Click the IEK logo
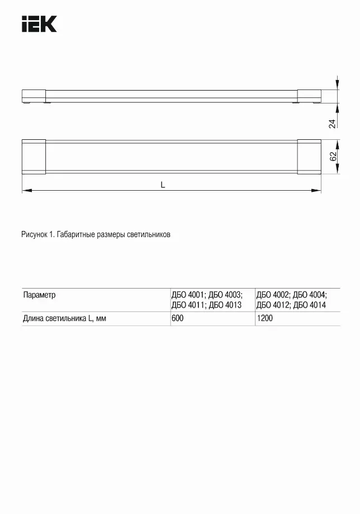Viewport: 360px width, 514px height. tap(39, 25)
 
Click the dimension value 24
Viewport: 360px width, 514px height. tap(332, 124)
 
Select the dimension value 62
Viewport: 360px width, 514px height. tap(333, 157)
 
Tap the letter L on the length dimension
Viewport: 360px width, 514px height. tap(163, 185)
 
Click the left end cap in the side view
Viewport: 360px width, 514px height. tap(34, 96)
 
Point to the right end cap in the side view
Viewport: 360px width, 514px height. tap(309, 96)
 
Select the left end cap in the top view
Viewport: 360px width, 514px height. tap(33, 157)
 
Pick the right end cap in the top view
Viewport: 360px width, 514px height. tap(309, 157)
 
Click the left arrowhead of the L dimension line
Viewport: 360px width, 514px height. tap(25, 191)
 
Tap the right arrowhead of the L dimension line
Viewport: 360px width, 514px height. tap(318, 191)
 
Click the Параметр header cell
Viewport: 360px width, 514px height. tap(39, 295)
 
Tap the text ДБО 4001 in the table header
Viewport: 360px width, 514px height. tap(188, 295)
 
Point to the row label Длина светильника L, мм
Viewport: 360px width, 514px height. tap(64, 318)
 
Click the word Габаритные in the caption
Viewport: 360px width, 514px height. tap(77, 235)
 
